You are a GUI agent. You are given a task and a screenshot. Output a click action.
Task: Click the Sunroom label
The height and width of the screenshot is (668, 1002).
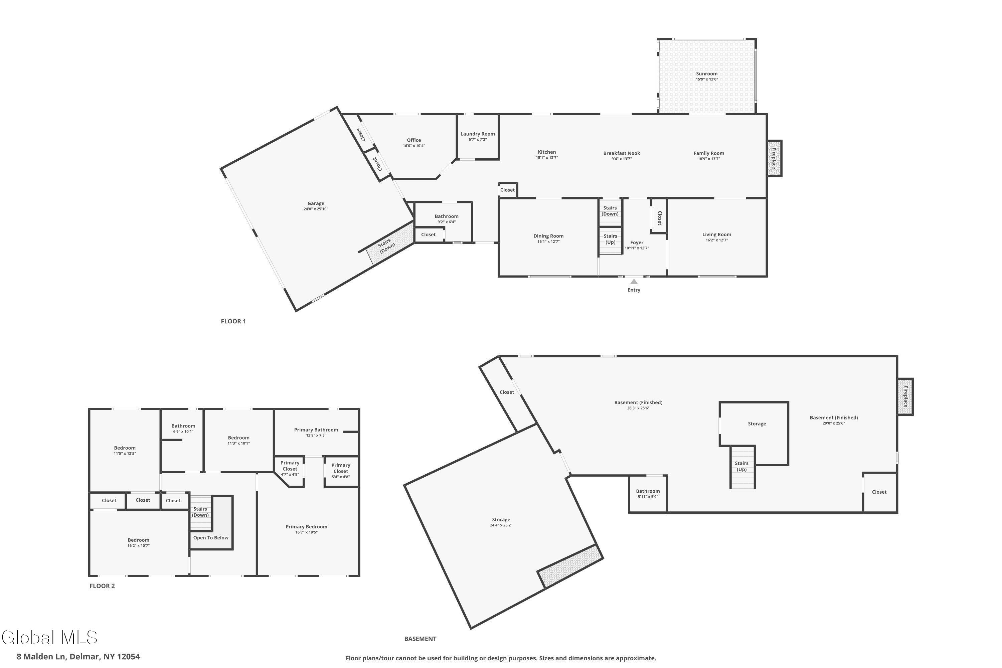tap(707, 74)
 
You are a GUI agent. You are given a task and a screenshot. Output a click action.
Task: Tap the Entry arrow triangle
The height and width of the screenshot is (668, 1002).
tap(634, 281)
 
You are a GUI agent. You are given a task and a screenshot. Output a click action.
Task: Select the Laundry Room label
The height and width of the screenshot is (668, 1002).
tap(478, 134)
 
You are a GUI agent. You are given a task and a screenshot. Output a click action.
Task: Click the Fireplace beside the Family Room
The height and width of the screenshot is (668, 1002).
tap(775, 158)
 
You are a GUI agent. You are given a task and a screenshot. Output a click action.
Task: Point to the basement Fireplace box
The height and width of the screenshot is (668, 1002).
tap(906, 397)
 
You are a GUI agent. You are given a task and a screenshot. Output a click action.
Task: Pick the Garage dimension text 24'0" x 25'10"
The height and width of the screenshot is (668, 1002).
tap(316, 209)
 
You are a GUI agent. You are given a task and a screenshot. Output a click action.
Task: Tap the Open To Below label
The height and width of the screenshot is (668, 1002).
tap(211, 538)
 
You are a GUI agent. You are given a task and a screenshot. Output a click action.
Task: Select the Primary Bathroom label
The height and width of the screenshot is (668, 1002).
tap(316, 430)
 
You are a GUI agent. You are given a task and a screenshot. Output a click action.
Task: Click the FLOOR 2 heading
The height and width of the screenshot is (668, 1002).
tap(102, 586)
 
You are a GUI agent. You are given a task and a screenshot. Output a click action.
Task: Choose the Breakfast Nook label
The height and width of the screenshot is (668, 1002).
tap(622, 153)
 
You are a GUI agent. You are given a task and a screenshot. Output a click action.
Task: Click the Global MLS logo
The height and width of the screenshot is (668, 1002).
tap(49, 637)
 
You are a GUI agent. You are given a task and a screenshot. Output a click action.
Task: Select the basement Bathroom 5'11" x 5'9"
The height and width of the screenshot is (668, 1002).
tap(648, 494)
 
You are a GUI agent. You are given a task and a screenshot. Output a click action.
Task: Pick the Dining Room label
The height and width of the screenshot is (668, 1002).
tap(548, 236)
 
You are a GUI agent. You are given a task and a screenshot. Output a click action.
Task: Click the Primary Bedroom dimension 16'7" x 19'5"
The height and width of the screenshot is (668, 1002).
tap(306, 532)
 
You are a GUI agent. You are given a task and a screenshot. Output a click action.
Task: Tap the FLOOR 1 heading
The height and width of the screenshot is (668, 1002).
tap(233, 321)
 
